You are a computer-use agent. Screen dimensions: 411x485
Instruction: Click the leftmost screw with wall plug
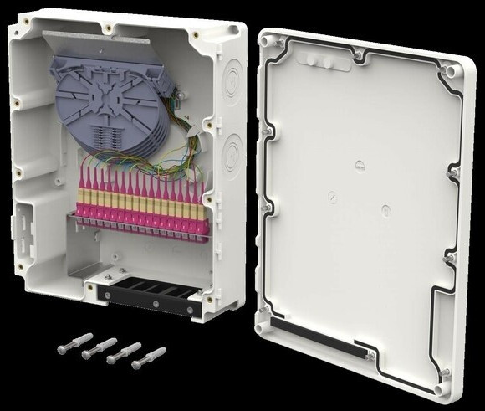coord(74,343)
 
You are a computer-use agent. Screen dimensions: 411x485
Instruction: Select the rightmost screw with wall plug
coord(149,357)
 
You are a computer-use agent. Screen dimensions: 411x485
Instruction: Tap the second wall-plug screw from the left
coord(99,348)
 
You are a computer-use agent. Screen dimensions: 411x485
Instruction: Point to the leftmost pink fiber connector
coord(83,200)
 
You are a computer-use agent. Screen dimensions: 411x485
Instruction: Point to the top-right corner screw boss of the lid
coord(452,72)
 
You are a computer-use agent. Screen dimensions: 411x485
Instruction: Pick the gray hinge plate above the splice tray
coord(88,39)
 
